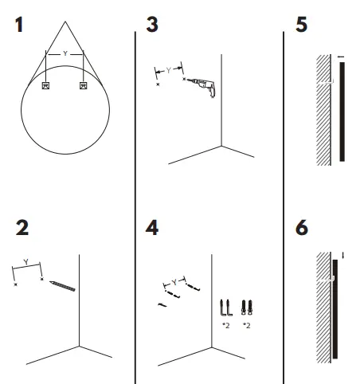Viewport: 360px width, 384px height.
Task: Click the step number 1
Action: (x=19, y=25)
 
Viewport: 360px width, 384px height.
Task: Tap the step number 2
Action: (x=22, y=228)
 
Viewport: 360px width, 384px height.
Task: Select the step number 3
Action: (x=152, y=25)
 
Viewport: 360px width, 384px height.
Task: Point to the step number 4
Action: (x=152, y=228)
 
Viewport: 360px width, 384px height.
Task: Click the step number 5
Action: (x=302, y=25)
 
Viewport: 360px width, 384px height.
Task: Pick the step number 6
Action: (x=302, y=228)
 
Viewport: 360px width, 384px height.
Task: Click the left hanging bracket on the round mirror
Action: (x=45, y=85)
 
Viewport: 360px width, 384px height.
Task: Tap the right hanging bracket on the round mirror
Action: (x=84, y=85)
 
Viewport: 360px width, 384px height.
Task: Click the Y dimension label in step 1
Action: (x=65, y=53)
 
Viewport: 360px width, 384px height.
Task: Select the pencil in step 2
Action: (x=62, y=286)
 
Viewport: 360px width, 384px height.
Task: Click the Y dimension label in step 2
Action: (x=25, y=262)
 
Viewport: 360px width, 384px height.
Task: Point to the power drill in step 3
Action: (x=202, y=87)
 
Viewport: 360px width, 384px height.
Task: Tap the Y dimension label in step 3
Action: (x=168, y=70)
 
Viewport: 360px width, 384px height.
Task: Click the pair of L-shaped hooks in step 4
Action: (x=226, y=308)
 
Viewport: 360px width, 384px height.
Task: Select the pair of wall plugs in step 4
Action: (x=247, y=308)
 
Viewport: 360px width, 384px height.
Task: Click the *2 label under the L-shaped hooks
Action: (x=226, y=325)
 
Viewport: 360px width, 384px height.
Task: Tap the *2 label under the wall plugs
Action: (x=247, y=325)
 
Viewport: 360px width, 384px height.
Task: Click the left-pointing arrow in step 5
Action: (x=341, y=57)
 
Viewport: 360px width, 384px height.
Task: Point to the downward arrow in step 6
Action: (x=343, y=256)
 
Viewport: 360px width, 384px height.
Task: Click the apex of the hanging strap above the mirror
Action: (x=65, y=22)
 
